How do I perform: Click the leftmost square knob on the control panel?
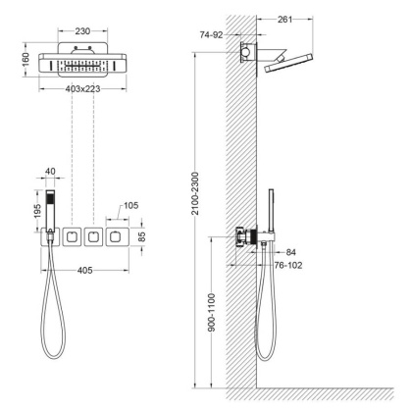point(71,235)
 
